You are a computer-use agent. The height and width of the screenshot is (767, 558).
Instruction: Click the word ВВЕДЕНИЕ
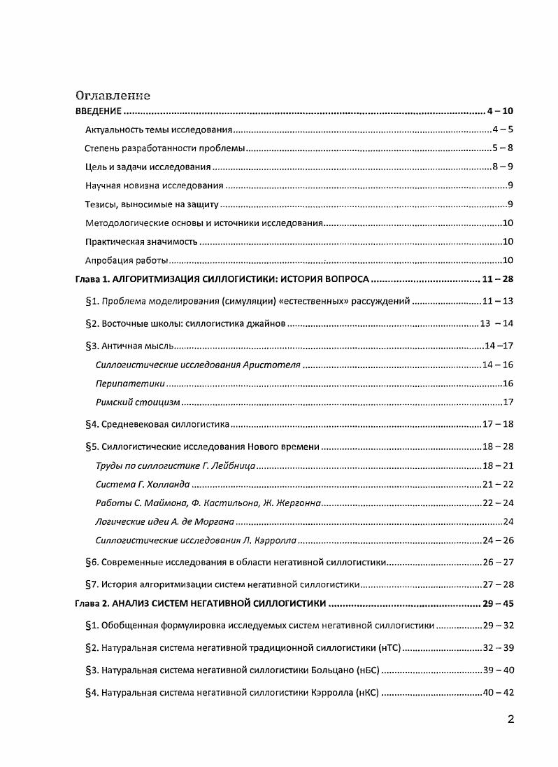point(99,112)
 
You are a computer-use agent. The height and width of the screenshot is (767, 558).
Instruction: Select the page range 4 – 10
point(500,112)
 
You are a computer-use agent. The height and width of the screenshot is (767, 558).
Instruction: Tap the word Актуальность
point(113,130)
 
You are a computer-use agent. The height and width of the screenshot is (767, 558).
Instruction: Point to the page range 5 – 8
point(502,148)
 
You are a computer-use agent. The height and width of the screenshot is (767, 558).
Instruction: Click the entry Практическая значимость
point(141,242)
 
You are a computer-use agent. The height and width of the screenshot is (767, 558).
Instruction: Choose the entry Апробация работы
point(127,261)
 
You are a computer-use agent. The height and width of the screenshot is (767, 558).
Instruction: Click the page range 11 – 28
point(498,279)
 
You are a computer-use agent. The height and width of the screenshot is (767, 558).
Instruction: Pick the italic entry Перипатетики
point(130,383)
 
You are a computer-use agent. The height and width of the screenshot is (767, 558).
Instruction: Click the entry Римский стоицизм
point(138,402)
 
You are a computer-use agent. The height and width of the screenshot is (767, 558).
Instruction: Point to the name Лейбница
point(234,465)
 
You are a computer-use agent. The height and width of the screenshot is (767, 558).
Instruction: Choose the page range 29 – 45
point(498,603)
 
